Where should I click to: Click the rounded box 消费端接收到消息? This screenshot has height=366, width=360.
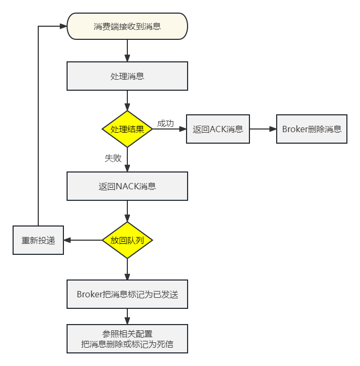pos(127,26)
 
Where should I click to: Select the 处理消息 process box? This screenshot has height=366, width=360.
pos(127,76)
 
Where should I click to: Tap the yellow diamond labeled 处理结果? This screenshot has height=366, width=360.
pos(127,128)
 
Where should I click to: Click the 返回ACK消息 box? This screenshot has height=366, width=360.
pos(218,129)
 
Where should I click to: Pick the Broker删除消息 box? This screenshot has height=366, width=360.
pos(312,129)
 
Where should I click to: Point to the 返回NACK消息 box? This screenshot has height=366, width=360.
pos(127,186)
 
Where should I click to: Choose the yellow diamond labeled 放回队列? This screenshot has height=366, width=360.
pos(127,240)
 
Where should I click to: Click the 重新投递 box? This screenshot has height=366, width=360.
pos(38,241)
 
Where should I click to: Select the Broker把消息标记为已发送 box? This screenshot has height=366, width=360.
pos(127,294)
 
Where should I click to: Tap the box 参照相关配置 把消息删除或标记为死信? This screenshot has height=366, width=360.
pos(127,339)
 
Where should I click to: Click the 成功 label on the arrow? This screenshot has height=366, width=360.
pos(166,124)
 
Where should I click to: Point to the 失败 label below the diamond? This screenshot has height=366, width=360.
pos(113,158)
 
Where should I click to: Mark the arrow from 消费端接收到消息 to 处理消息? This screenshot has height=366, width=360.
pos(127,50)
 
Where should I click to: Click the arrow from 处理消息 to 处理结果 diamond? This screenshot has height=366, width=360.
pos(127,100)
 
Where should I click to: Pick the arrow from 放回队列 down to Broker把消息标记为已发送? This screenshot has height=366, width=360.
pos(127,269)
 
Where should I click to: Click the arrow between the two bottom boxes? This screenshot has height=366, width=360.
pos(127,316)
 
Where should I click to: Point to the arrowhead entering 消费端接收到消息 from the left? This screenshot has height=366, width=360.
pos(63,26)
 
